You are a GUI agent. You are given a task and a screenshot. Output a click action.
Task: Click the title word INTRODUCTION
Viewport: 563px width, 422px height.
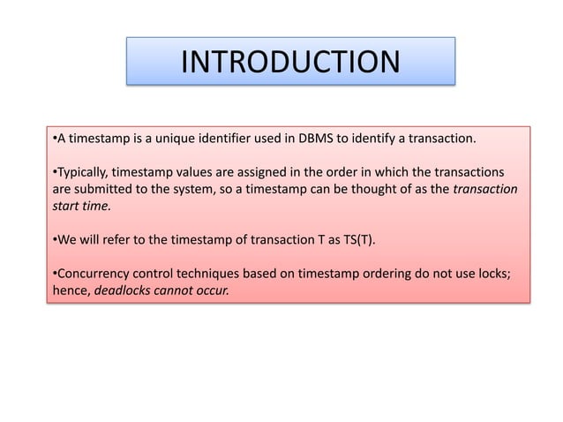(289, 62)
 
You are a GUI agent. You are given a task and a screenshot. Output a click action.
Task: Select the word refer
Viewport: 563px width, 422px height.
(113, 239)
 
